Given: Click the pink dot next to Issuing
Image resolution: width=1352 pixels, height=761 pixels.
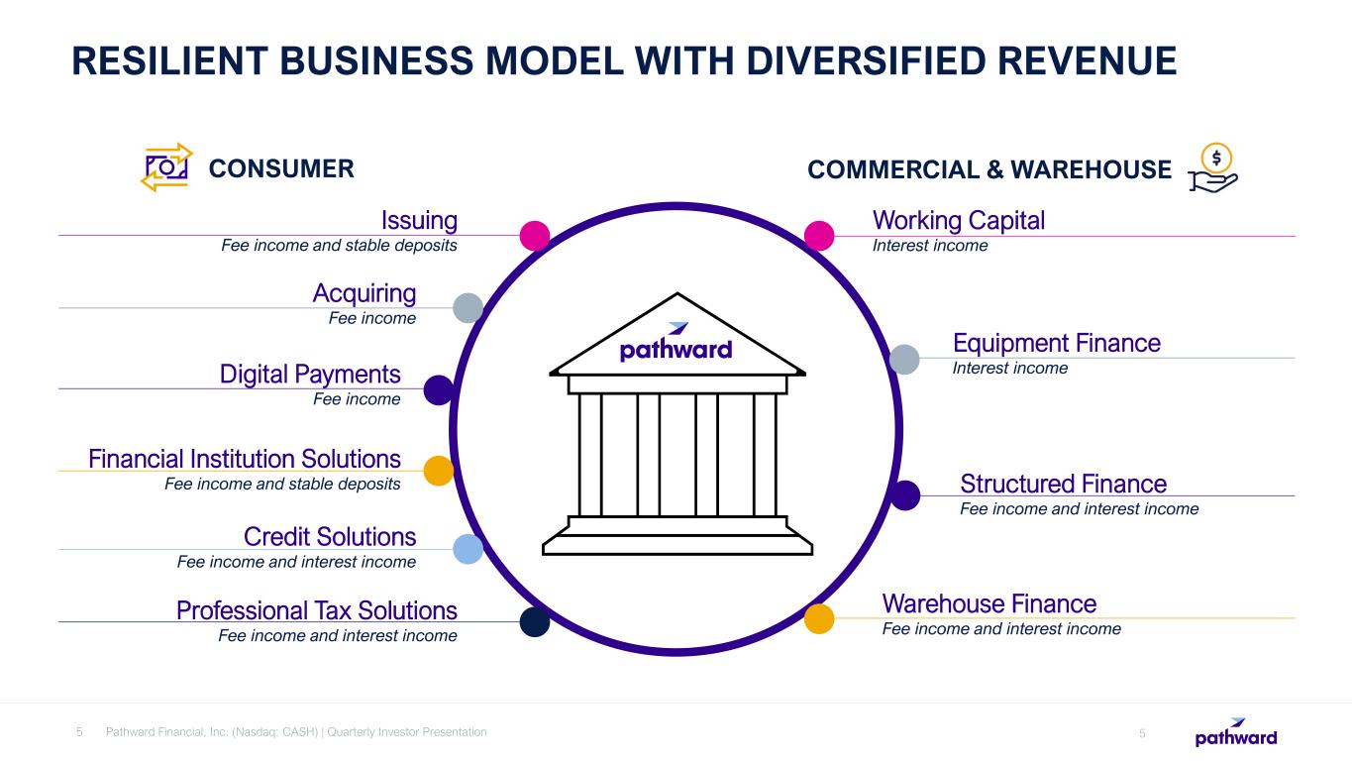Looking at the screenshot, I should coord(535,235).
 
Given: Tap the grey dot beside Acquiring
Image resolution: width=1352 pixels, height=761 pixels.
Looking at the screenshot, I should coord(468,308).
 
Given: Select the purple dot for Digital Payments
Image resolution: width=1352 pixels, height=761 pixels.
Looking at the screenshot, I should coord(439,389).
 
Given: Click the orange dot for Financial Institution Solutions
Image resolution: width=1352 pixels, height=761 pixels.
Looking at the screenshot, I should coord(439,470).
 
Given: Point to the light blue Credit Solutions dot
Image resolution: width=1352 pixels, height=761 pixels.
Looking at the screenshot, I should coord(468,549).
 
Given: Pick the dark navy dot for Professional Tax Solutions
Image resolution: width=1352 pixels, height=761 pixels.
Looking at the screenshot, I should coord(535,621).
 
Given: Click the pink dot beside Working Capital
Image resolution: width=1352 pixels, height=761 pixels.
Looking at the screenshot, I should coord(818,235).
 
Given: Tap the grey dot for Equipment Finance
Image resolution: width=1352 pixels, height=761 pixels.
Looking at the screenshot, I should coord(904,359).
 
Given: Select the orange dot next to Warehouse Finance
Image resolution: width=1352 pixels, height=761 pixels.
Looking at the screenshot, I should coord(818,618).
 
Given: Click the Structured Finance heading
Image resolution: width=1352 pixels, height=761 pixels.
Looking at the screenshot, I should coord(1063,484).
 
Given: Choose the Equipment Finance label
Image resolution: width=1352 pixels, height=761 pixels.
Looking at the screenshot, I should coord(1056,343).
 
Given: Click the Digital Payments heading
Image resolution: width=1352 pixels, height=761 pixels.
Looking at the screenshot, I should coord(310,375).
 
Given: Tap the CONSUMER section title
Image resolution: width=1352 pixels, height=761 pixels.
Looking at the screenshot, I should coord(281,169).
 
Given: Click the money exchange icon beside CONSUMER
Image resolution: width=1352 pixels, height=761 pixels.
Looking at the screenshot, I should coord(166,167).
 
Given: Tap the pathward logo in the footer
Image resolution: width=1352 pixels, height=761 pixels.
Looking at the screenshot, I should coord(1236,733).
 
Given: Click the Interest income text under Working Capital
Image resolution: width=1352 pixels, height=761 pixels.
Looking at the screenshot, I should coord(929,246).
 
